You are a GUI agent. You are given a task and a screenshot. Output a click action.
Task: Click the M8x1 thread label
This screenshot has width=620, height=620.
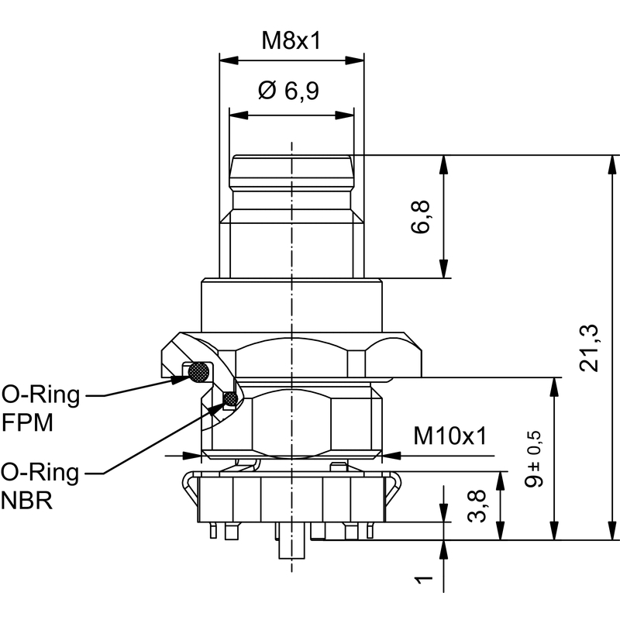[x=291, y=41]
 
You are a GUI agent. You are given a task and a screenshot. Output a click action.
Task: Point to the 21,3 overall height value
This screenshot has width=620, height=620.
[x=588, y=347]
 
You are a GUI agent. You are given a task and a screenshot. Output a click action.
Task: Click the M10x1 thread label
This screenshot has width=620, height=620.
[x=449, y=436]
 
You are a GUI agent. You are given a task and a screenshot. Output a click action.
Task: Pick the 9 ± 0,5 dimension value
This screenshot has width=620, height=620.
[x=533, y=459]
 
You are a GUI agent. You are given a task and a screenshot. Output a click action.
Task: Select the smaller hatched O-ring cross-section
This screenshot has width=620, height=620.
[x=230, y=399]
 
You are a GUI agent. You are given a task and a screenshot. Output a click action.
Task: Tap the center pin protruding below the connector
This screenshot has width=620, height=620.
[x=291, y=546]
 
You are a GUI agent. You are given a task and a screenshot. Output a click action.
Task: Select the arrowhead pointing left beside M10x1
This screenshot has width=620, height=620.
[x=387, y=455]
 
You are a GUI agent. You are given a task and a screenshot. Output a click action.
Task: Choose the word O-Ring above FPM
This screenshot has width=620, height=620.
[x=40, y=396]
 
